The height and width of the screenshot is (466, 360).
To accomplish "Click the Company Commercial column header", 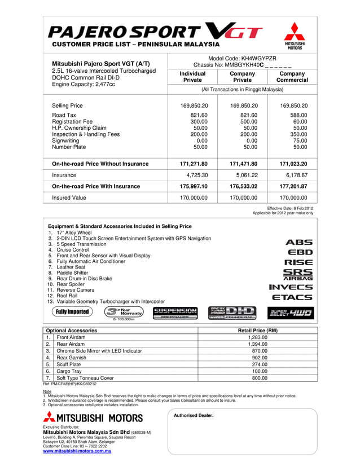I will (292, 77).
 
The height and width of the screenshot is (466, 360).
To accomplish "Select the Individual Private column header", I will (192, 77).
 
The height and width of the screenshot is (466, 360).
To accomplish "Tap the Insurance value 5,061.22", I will (244, 175).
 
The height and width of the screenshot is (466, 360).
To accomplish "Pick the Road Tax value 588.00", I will (297, 115).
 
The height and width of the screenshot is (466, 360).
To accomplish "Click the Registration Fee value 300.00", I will (199, 121).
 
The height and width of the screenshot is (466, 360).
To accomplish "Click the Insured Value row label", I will (69, 198).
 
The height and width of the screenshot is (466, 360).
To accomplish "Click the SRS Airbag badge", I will (298, 275).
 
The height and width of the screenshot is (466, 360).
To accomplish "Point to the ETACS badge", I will (292, 297).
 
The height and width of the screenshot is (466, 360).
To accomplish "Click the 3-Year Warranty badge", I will (124, 313).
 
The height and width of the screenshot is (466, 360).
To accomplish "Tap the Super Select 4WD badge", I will (291, 313).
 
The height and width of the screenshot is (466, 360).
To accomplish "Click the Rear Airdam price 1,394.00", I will (257, 344).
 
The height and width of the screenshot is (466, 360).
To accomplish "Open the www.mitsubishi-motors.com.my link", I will (77, 451).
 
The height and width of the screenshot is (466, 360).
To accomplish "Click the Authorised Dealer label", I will (194, 415).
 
